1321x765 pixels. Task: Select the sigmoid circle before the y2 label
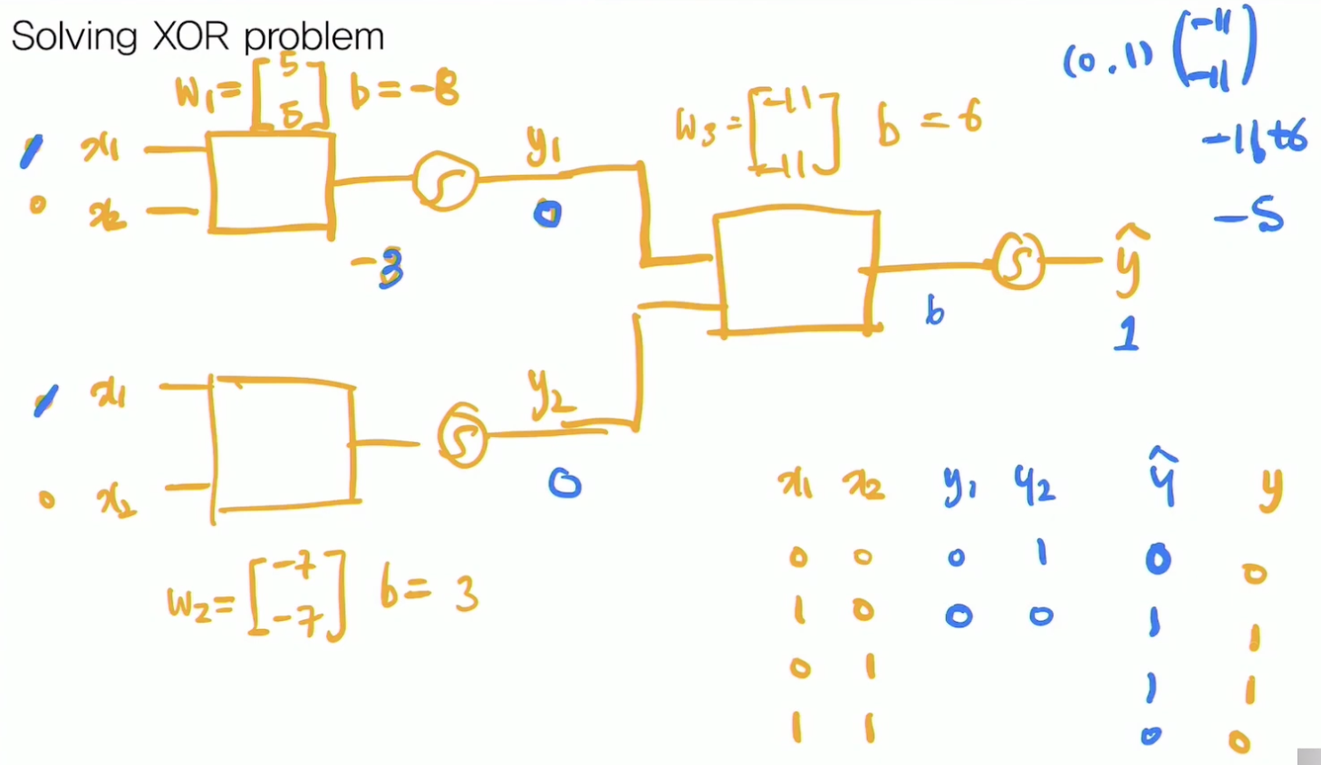point(463,436)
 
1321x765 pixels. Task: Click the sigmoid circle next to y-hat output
point(1018,261)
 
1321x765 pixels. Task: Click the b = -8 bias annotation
point(405,91)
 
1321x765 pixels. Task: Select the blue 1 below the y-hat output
point(1126,334)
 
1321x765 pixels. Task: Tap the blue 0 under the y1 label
point(547,214)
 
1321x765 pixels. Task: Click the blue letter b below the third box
point(934,311)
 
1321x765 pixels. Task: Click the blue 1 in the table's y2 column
point(1042,552)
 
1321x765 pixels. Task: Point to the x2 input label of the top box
point(107,216)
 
